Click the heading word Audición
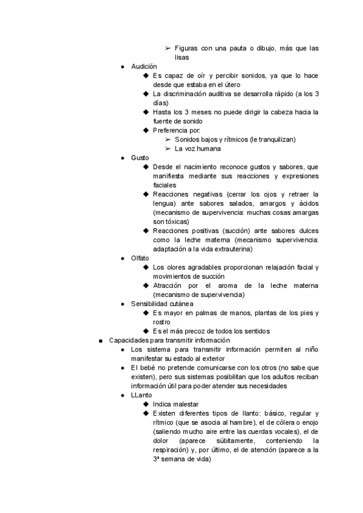(144, 66)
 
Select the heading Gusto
(140, 157)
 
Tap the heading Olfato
(140, 258)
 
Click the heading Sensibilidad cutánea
(162, 303)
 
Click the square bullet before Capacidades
(100, 341)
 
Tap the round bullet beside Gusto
(123, 157)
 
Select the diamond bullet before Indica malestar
(146, 404)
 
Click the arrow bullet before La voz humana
(168, 148)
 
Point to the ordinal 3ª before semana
(157, 459)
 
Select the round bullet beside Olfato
(123, 258)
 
